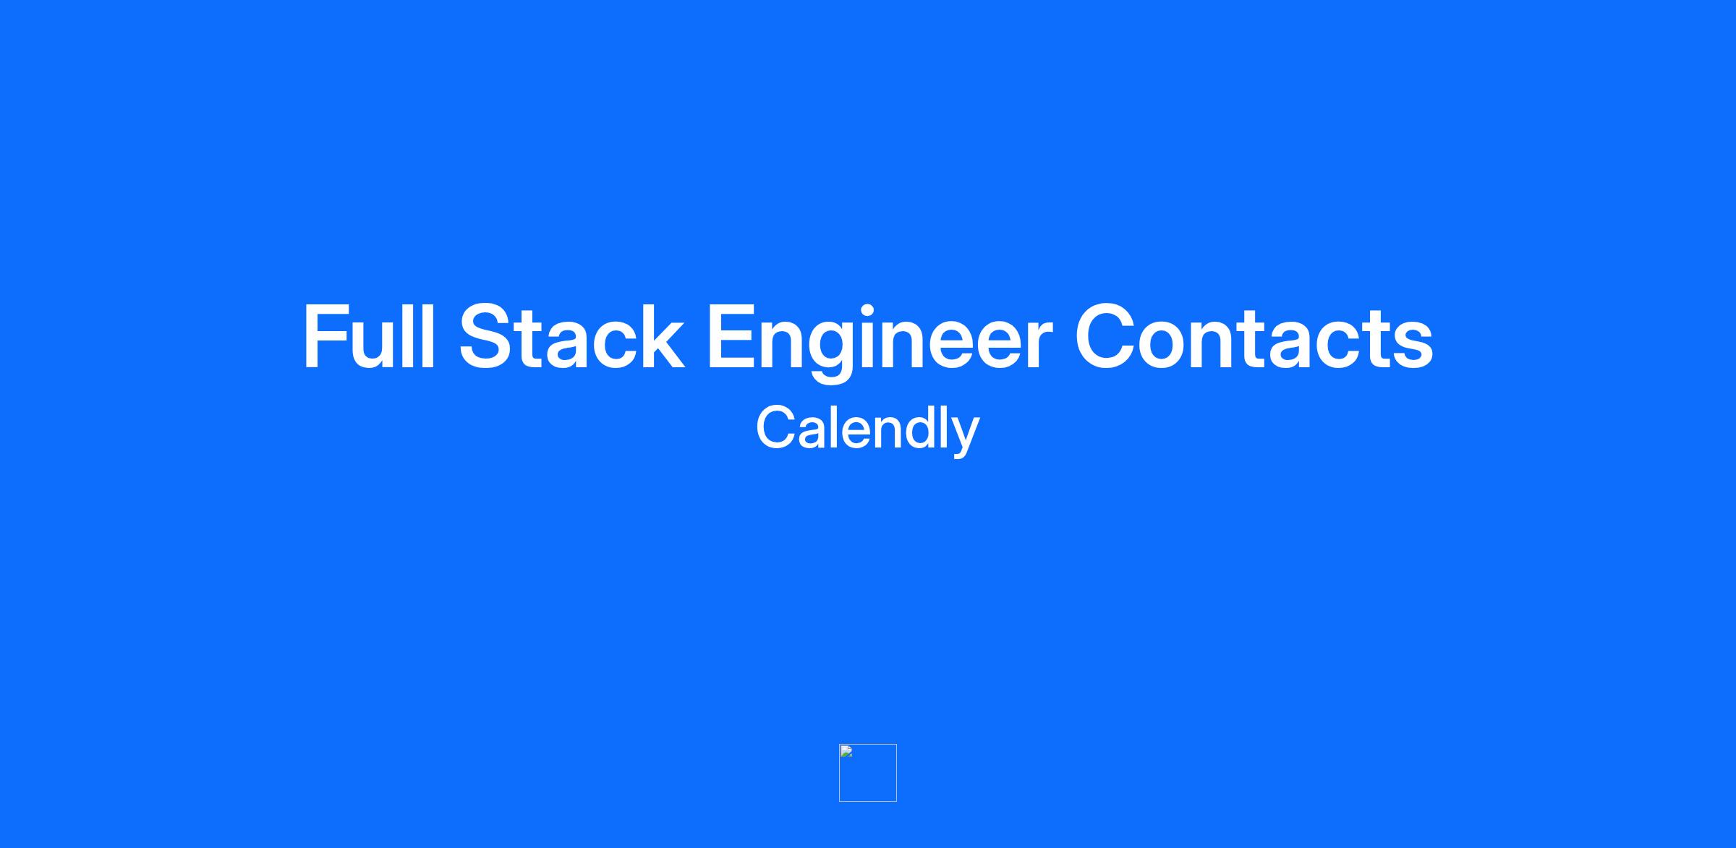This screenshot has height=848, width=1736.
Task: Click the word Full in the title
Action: pyautogui.click(x=370, y=337)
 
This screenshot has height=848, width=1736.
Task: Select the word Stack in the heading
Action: pyautogui.click(x=571, y=337)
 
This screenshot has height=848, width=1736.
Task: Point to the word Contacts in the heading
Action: pyautogui.click(x=1254, y=337)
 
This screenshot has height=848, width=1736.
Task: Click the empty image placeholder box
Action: pyautogui.click(x=868, y=773)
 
